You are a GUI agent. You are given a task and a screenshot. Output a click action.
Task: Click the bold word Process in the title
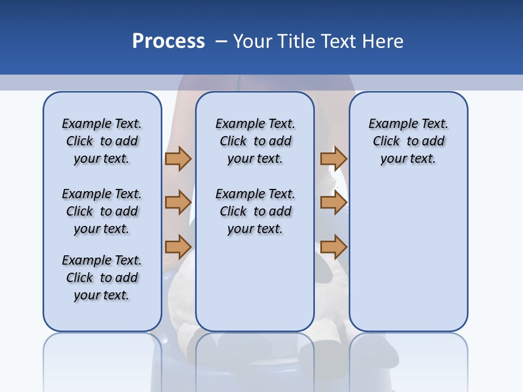pos(168,41)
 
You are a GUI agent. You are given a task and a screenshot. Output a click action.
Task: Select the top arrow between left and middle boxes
pos(178,158)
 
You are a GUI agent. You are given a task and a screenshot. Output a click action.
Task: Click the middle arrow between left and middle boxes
pos(178,203)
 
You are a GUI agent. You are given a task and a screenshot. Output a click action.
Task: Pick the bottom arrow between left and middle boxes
pos(178,247)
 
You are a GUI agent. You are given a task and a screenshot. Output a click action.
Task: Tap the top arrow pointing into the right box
pos(333,158)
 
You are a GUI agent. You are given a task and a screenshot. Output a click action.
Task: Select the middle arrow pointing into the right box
pos(333,203)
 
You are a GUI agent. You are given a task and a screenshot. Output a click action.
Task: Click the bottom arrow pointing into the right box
pos(333,247)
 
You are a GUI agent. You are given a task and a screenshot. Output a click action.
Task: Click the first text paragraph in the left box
pos(102,141)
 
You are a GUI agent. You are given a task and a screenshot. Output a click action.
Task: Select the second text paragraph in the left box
pos(102,211)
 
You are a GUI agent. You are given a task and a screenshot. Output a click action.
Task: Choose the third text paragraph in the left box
pos(102,278)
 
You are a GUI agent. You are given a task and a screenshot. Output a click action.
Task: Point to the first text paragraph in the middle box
pos(255,141)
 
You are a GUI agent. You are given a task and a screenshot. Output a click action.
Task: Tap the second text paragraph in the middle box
pos(255,211)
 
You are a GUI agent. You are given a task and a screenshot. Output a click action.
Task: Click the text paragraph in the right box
pos(408,141)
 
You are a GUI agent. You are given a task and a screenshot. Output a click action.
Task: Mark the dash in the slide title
pos(221,41)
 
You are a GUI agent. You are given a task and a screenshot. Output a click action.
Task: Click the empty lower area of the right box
pos(408,261)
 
